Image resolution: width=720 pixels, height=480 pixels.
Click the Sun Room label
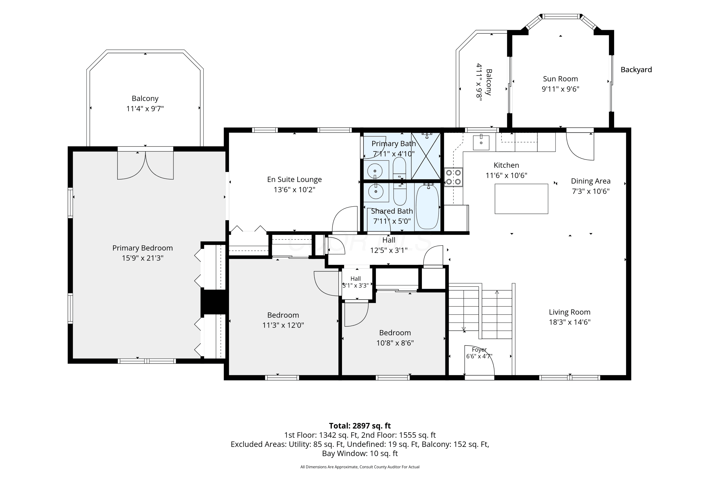click(560, 79)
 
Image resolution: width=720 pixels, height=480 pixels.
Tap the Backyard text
click(636, 70)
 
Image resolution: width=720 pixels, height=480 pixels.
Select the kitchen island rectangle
click(521, 199)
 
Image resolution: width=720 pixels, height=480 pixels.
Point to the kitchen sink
click(481, 142)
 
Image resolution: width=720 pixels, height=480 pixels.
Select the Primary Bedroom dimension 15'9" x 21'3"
click(143, 258)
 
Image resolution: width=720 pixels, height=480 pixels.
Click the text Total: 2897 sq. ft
click(360, 426)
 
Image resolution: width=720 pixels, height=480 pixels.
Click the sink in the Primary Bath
click(375, 170)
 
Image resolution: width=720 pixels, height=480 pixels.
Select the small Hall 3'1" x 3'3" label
click(355, 282)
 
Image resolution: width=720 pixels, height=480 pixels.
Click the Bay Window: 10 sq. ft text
click(360, 453)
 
